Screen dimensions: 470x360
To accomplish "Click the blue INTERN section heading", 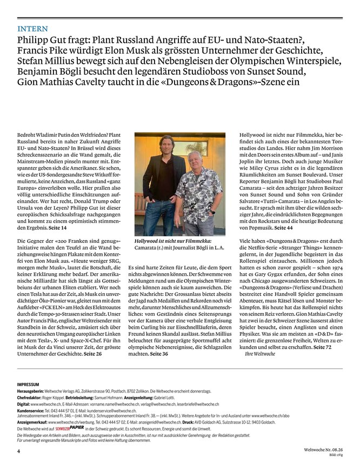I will (32, 28).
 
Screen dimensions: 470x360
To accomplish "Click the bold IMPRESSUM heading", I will (31, 383).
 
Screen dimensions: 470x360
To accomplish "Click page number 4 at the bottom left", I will (18, 450).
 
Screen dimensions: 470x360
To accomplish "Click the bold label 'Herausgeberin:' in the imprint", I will (32, 390).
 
